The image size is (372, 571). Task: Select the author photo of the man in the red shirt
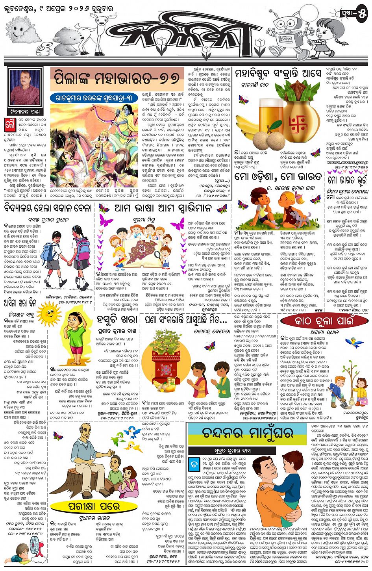click(x=24, y=89)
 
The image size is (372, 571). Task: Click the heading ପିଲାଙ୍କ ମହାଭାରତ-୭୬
click(x=117, y=78)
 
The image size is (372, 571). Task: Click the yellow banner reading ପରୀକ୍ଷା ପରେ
click(x=91, y=506)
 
